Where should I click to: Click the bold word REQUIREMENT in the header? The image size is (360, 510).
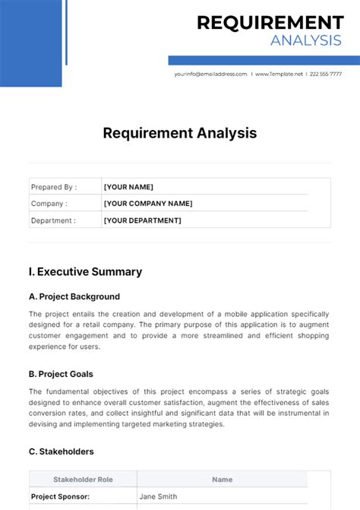(x=270, y=23)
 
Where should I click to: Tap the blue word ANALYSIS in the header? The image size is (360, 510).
(x=306, y=41)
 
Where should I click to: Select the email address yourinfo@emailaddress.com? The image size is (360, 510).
(x=210, y=74)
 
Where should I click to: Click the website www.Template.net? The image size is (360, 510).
(x=279, y=74)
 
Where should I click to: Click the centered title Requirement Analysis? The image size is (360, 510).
(x=180, y=134)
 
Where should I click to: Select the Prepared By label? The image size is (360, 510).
(x=54, y=187)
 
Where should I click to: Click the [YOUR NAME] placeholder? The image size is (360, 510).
(x=128, y=187)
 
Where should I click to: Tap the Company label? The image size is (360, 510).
(x=49, y=204)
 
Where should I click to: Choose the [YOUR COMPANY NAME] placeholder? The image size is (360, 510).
(x=148, y=204)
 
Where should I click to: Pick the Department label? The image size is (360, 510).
(x=53, y=220)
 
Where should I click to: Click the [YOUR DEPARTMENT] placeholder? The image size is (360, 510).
(x=142, y=220)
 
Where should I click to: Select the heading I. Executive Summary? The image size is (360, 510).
(x=85, y=271)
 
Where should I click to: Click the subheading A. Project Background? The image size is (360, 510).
(x=74, y=296)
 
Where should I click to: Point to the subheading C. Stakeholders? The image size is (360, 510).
(x=62, y=451)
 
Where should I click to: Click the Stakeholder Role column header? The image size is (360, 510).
(x=83, y=480)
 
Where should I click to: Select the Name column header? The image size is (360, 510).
(x=223, y=480)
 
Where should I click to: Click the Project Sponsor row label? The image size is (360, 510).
(x=60, y=496)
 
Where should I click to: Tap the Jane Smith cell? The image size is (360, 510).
(x=158, y=496)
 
